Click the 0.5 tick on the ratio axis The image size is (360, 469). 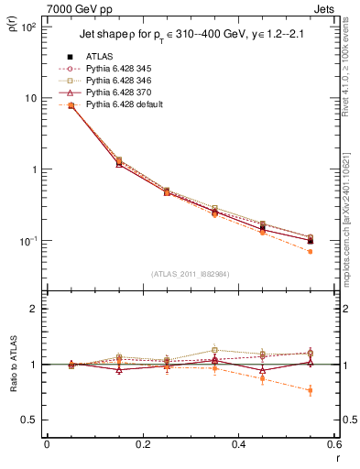coord(32,420)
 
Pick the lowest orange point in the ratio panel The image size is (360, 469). coord(310,390)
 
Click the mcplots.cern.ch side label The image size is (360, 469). coord(352,211)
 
